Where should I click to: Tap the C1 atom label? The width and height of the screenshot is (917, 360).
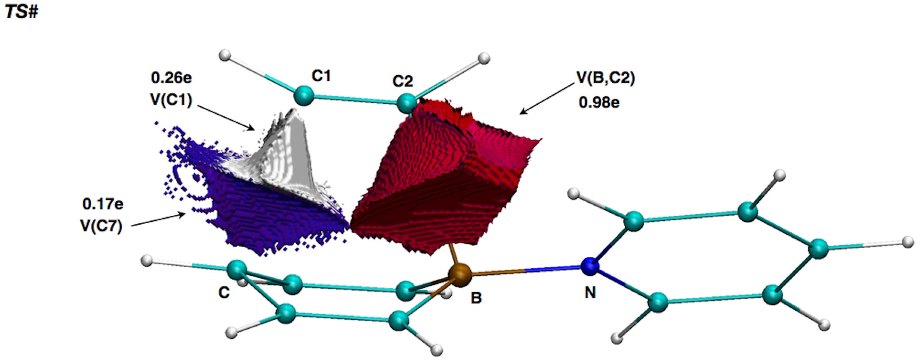(321, 76)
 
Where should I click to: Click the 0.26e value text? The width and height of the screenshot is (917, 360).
(171, 78)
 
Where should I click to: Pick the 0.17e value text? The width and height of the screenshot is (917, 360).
(103, 204)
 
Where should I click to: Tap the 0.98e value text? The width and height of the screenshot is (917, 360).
(599, 103)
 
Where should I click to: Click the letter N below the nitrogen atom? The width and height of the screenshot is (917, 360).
(590, 293)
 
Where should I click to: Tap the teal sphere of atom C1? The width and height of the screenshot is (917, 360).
(304, 95)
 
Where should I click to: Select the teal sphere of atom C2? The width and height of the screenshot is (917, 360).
(406, 103)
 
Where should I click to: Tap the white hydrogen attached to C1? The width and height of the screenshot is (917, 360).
(225, 55)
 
